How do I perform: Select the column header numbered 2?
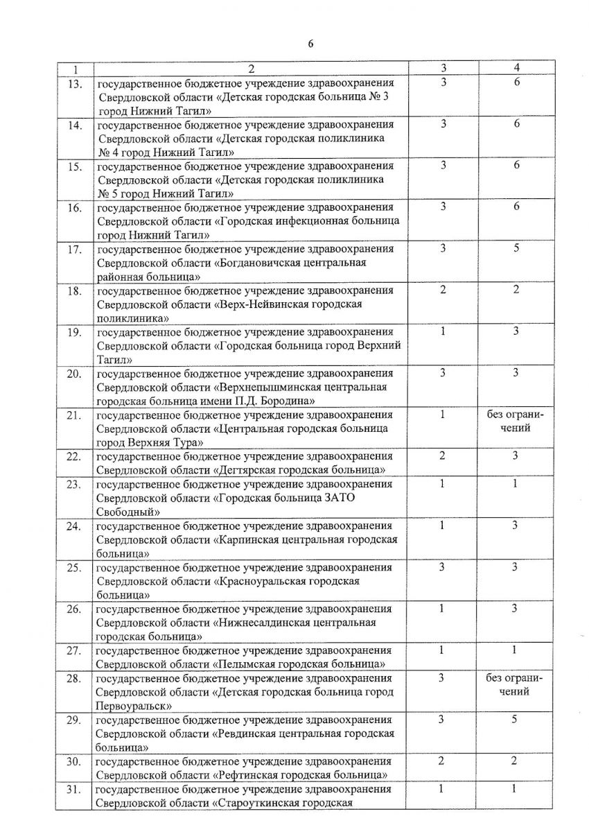[x=251, y=68]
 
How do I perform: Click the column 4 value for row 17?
[x=516, y=248]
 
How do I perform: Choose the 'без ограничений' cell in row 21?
[x=516, y=422]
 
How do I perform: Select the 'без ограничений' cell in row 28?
[x=516, y=685]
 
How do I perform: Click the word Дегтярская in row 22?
[x=252, y=470]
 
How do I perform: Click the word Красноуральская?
[x=274, y=581]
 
